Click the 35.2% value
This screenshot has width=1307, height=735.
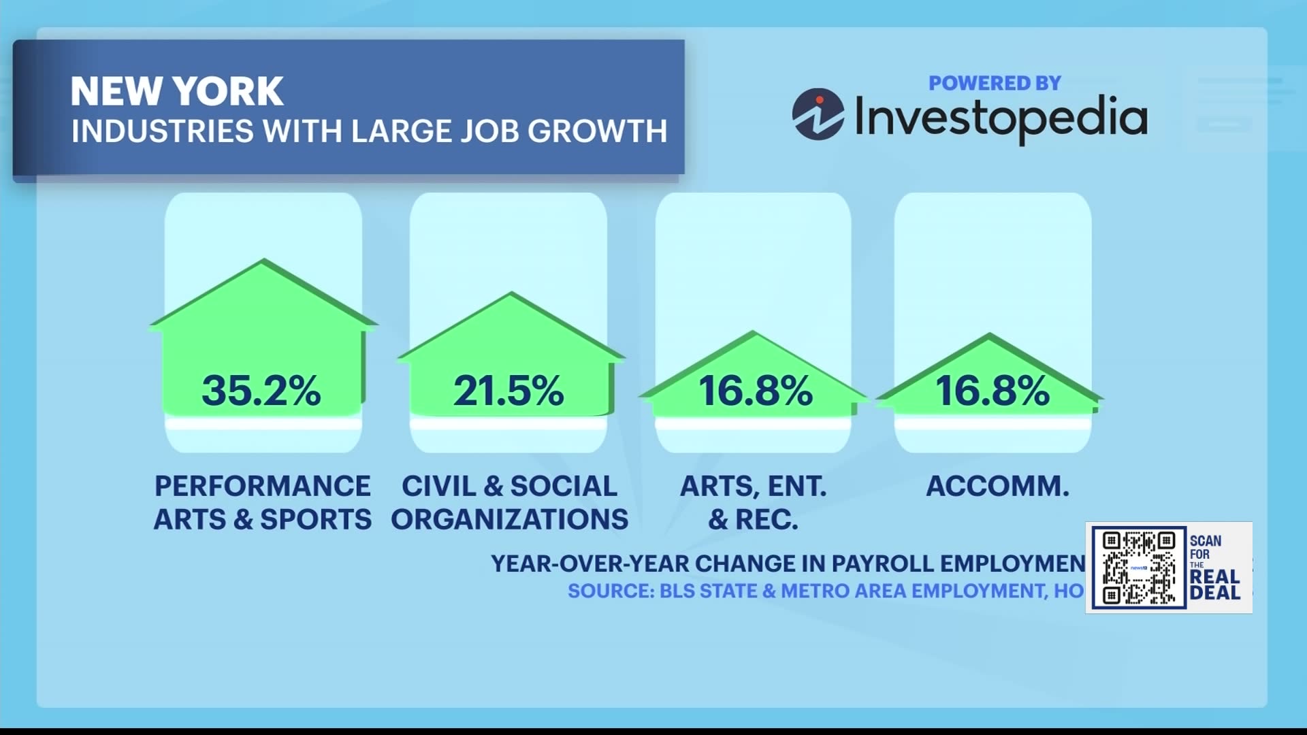(x=261, y=391)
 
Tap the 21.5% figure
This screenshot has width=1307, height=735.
(x=509, y=391)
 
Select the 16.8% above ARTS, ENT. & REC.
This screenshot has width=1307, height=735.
(x=755, y=391)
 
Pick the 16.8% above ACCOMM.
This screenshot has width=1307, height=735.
(x=992, y=391)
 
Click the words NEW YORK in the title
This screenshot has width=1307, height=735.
(x=177, y=91)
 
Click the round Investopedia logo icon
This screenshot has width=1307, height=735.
(x=818, y=114)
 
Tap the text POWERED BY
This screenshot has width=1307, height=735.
(x=995, y=83)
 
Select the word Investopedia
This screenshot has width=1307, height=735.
(x=1000, y=117)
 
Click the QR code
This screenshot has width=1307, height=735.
(x=1138, y=568)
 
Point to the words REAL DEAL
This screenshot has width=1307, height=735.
(x=1215, y=585)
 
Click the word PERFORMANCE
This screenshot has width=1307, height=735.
(x=263, y=486)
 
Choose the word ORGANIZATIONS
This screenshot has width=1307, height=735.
(x=509, y=519)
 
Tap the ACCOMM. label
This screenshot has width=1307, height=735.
(x=997, y=486)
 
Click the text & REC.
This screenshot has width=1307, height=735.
(x=753, y=519)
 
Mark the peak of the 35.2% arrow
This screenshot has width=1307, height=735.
(x=263, y=261)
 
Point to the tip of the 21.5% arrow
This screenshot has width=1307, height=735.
(x=511, y=294)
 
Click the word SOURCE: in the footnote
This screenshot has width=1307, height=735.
(x=611, y=591)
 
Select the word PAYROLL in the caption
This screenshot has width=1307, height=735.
(x=882, y=563)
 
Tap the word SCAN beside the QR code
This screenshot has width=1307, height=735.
(x=1206, y=541)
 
